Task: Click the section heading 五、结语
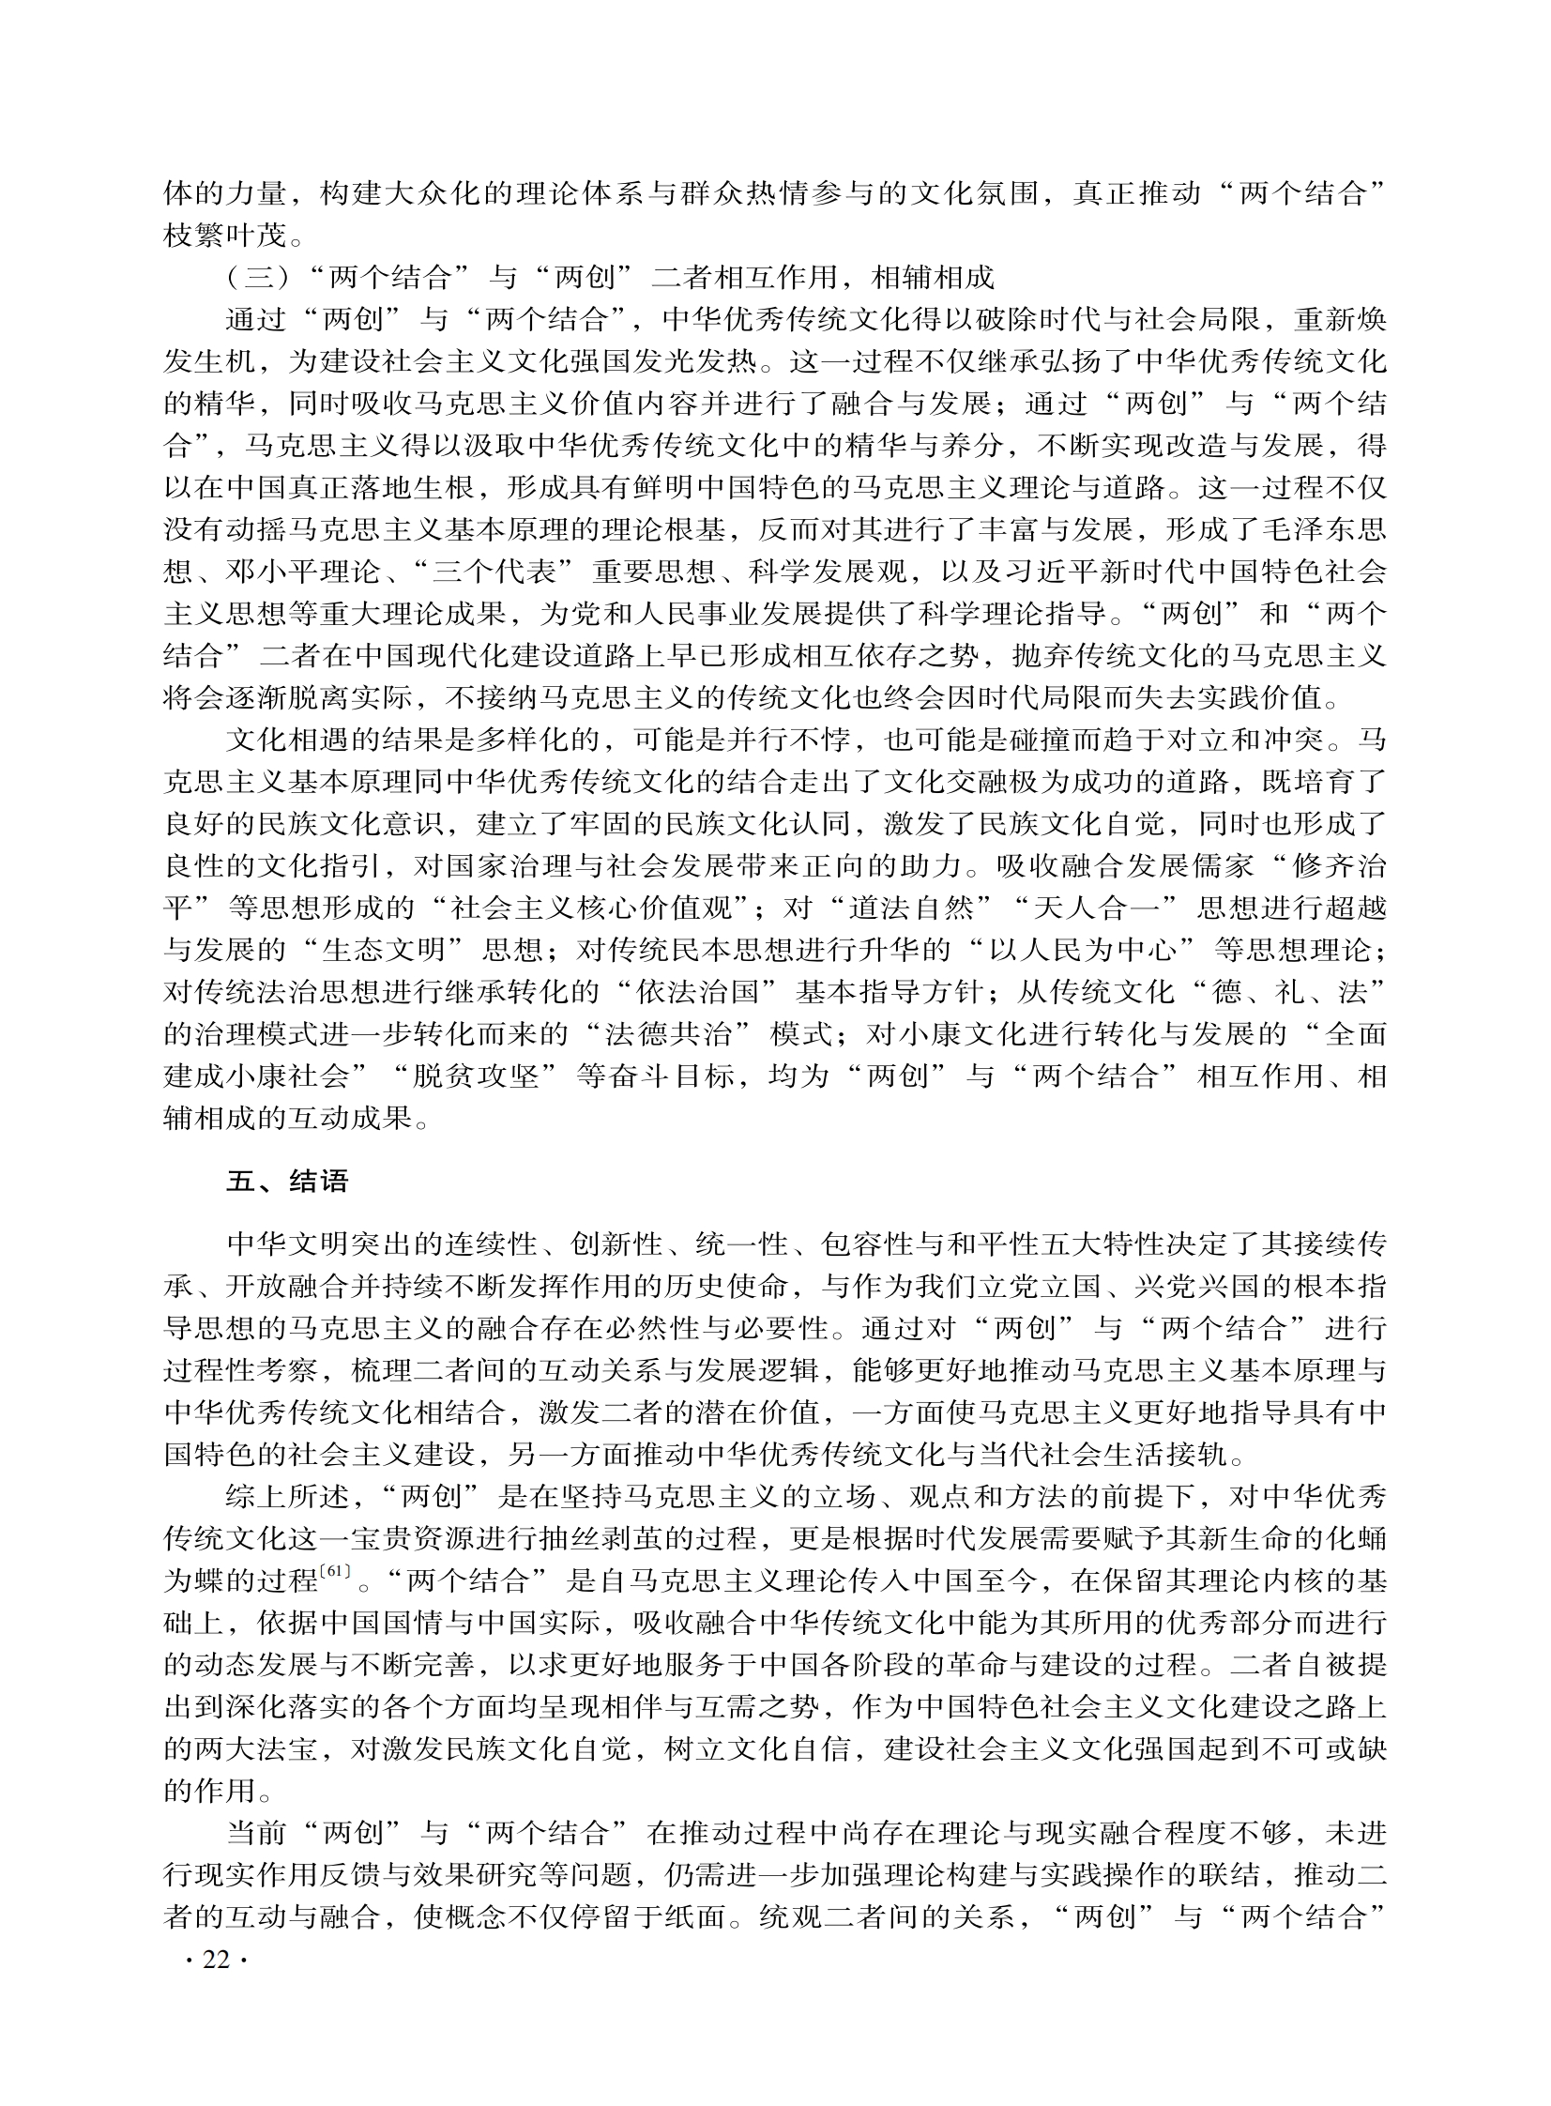[x=286, y=1181]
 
